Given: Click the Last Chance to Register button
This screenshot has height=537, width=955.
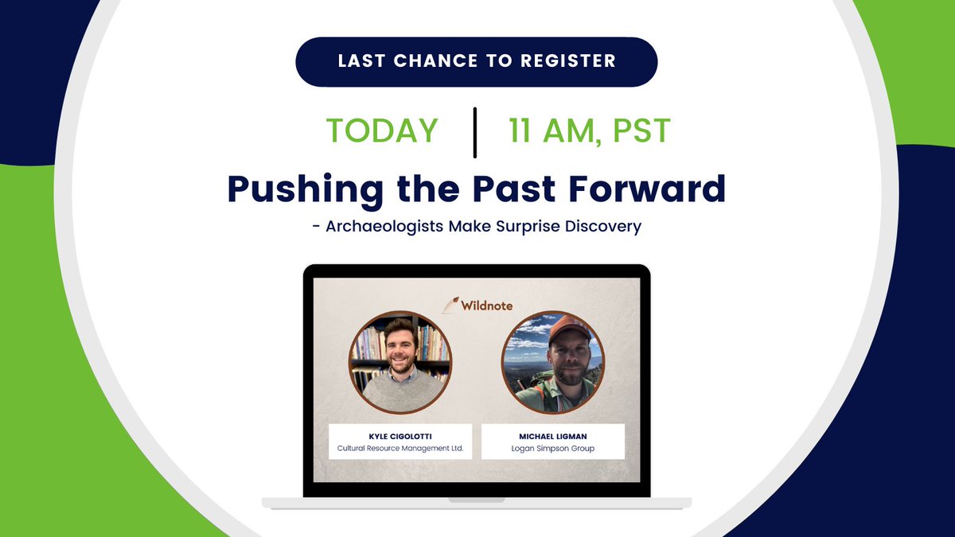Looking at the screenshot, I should pos(476,61).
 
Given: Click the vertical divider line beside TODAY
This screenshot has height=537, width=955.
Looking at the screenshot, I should pos(475,131).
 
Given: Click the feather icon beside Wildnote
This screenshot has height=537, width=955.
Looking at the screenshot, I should pos(451,304).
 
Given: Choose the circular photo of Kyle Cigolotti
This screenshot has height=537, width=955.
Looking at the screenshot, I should pos(400,362).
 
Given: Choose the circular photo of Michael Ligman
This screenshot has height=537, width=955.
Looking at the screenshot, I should pos(553,362).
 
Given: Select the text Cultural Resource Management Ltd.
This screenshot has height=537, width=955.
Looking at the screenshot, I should pos(400,449).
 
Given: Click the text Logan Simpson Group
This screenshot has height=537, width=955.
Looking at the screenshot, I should pos(553,449).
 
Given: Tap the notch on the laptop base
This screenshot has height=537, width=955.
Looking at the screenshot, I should pos(476,500).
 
